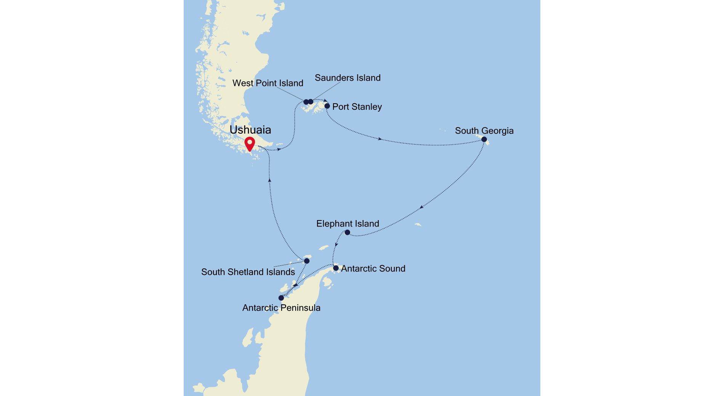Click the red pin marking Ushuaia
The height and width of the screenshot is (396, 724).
tap(250, 144)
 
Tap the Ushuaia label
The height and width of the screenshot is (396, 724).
tap(250, 130)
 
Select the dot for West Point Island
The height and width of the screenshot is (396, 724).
tap(306, 102)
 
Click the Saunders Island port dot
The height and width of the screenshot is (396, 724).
tap(311, 102)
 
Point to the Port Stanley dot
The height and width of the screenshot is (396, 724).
tap(327, 106)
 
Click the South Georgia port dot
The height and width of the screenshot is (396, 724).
tap(484, 139)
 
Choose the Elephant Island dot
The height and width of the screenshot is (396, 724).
tap(347, 232)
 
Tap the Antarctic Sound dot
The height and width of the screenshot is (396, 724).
tap(336, 268)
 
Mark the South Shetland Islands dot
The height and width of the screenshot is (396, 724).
tap(307, 261)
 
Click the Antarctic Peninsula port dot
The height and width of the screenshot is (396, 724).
tap(281, 298)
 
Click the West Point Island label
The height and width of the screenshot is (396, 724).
tap(268, 83)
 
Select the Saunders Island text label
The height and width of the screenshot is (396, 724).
tap(348, 78)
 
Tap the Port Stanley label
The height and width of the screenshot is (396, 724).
tap(357, 107)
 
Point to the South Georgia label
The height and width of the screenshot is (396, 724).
tap(484, 131)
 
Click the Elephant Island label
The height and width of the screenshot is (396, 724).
tap(348, 224)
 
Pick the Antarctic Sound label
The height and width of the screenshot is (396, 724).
tap(373, 268)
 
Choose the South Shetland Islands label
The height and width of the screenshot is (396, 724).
tap(248, 272)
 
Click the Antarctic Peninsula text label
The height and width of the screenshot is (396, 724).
tap(281, 308)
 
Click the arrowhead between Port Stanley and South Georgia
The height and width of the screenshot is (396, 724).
tap(380, 139)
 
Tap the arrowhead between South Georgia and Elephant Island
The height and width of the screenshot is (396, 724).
tap(421, 208)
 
